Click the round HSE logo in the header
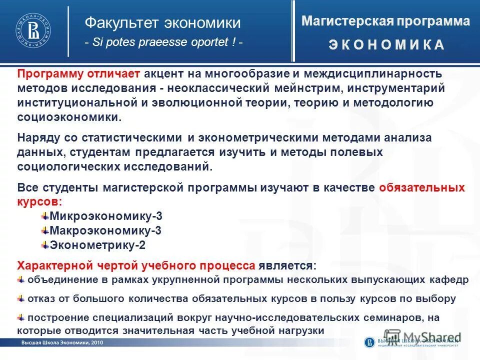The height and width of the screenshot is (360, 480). (x=32, y=31)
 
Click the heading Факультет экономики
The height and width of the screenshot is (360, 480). (x=162, y=23)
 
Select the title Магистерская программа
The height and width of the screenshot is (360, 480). (x=385, y=21)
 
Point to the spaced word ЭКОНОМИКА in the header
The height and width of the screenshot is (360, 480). (x=386, y=45)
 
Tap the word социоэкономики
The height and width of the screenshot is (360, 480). (x=69, y=117)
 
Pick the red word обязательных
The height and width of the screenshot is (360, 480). (x=422, y=188)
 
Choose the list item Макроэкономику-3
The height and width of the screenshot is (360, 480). (x=105, y=231)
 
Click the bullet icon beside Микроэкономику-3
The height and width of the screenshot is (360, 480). (x=45, y=216)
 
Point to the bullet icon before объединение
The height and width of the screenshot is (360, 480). (x=21, y=279)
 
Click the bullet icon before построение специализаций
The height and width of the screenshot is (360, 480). (x=21, y=317)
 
